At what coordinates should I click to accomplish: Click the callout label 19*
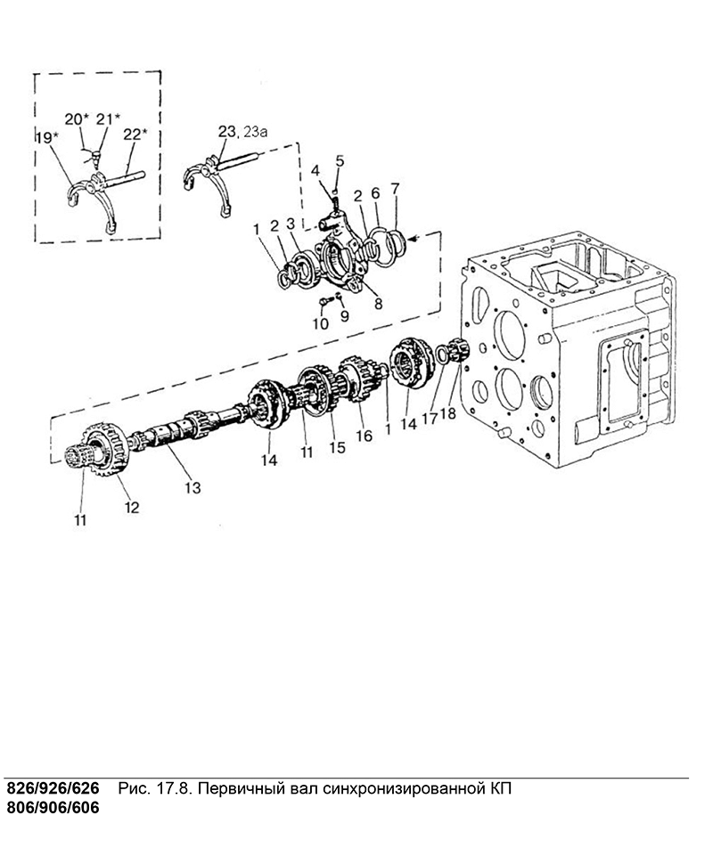pos(45,137)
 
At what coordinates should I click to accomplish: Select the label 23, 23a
pos(243,132)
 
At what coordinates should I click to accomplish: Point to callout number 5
pos(340,160)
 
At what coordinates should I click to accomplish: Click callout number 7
pos(395,189)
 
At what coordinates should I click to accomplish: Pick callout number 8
pos(379,304)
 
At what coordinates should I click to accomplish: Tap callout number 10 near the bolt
pos(321,323)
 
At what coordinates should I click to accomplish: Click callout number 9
pos(345,316)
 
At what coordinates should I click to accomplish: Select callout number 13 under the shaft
pos(193,487)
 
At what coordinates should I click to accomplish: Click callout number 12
pos(132,507)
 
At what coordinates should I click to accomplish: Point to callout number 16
pos(364,435)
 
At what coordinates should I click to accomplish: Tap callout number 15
pos(338,448)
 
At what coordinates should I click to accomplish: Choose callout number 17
pos(430,419)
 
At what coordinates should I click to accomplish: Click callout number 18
pos(447,413)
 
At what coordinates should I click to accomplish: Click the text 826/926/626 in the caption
pos(53,788)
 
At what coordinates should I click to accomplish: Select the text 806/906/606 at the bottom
pos(53,807)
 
